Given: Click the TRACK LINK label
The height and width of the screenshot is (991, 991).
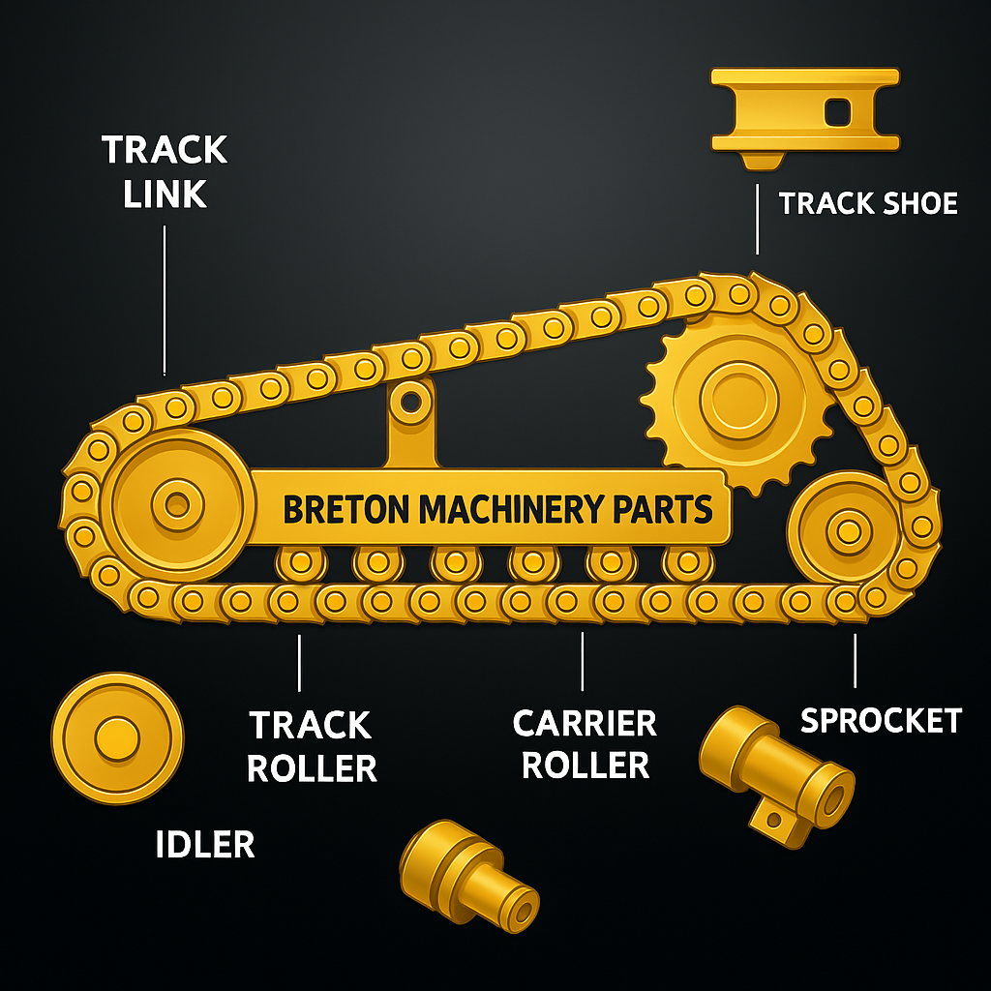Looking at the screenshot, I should point(165,171).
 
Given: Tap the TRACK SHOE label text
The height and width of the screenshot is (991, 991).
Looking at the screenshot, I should point(868,203).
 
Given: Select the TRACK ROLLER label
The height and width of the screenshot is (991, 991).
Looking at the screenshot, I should point(311,746).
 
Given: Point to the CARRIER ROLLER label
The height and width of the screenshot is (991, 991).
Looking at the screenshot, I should point(585,743).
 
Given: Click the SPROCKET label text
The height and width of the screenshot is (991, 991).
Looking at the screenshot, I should point(881,720).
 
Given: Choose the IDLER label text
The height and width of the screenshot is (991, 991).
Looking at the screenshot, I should point(205,845).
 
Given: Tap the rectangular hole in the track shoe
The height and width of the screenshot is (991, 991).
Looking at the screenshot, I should point(837,115).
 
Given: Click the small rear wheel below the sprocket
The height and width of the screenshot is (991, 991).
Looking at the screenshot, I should point(848,528).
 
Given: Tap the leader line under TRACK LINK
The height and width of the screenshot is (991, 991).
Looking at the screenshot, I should point(165,300).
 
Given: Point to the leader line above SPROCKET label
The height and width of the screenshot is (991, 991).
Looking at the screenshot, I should point(855,661).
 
